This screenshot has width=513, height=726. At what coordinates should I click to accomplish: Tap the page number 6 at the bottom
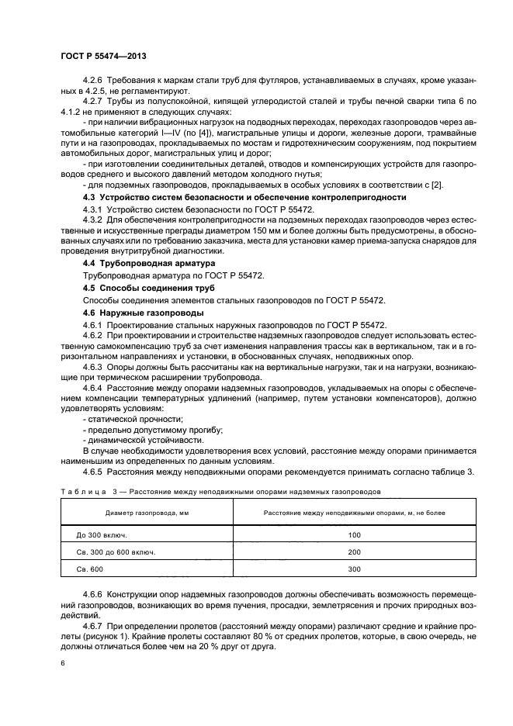61,663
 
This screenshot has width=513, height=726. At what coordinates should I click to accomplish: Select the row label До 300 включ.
102,535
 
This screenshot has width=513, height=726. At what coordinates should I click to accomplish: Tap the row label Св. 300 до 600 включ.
116,551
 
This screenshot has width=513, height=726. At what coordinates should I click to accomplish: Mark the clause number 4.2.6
92,81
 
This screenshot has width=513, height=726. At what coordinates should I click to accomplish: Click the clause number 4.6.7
92,624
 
